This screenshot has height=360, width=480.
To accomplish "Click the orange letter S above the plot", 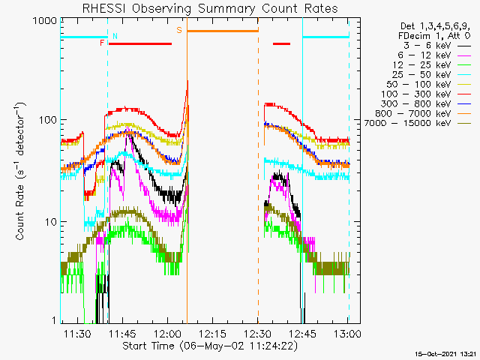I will point(178,31).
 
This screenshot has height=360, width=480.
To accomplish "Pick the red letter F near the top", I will point(102,43).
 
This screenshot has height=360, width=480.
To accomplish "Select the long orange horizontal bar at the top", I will point(222,31).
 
